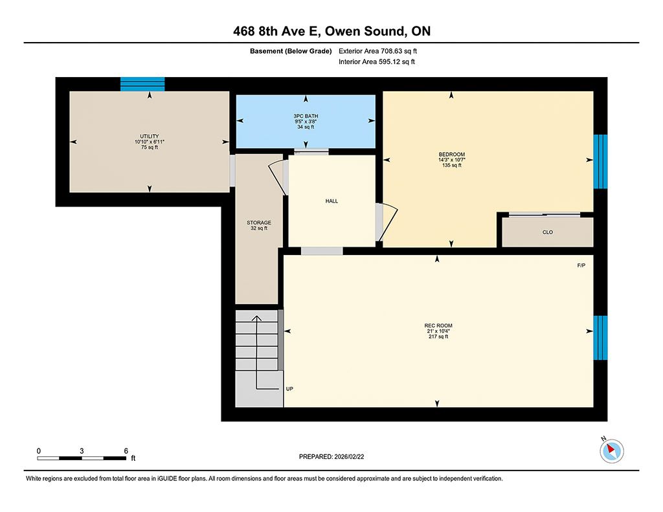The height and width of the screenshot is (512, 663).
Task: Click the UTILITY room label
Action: point(150,136)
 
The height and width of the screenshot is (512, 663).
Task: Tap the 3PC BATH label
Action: point(306,116)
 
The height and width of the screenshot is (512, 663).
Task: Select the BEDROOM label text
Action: point(451,154)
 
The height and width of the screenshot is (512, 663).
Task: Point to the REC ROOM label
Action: point(438,326)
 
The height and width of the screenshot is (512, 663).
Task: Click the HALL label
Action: point(331,201)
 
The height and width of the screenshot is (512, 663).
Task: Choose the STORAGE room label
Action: point(259,223)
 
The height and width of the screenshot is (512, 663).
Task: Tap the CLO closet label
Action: point(548,232)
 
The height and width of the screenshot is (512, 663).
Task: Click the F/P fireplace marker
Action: point(581,265)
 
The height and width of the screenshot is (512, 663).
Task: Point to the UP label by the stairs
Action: point(289,388)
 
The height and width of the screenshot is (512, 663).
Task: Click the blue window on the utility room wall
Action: point(142,84)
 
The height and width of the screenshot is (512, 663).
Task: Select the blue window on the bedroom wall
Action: point(600,162)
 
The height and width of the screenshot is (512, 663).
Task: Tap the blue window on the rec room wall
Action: point(600,338)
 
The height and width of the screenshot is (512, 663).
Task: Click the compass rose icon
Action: point(611,451)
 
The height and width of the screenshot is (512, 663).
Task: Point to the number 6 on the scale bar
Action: point(126,451)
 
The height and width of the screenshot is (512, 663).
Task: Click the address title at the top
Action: point(332,31)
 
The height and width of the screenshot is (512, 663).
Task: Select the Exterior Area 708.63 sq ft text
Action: point(377,51)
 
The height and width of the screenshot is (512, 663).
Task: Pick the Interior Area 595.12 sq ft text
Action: point(377,61)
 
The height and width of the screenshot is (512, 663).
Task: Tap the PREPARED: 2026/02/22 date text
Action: point(331,456)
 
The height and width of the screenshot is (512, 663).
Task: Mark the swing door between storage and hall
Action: point(278,175)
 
